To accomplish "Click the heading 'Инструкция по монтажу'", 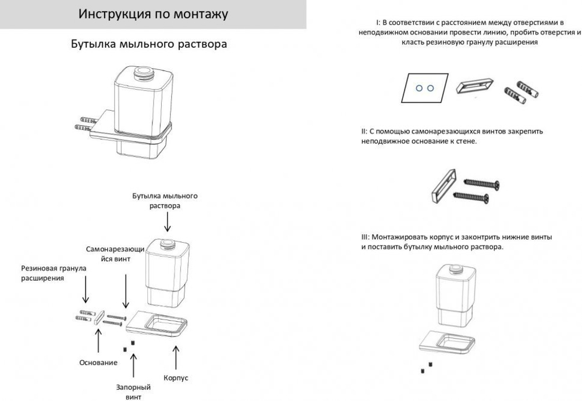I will tap(153, 15).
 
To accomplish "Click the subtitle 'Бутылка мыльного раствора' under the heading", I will tap(148, 44).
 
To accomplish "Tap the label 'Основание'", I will tap(98, 362).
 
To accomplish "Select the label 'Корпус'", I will tap(176, 378).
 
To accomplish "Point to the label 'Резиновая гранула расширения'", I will tap(54, 273).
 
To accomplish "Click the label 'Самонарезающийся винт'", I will tap(115, 253).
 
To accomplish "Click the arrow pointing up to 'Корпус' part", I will tap(176, 356).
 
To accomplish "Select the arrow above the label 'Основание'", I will tap(98, 341).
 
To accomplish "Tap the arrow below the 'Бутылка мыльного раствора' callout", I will tap(168, 222).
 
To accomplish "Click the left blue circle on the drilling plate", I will tap(418, 87).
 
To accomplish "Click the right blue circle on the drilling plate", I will tap(431, 87).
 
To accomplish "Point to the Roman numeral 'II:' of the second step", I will tap(364, 132).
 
